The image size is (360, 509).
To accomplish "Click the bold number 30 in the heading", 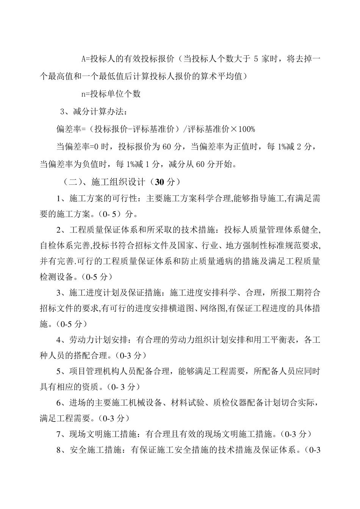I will [159, 182].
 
